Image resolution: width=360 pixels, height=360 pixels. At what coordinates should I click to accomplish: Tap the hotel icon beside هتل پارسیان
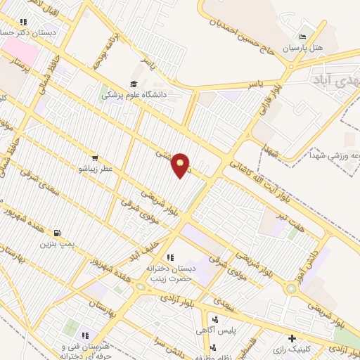pos(302,37)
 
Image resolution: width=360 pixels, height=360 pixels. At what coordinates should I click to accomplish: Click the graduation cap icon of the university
pos(134,82)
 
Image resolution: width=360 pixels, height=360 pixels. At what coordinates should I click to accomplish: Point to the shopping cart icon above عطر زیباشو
pos(94,158)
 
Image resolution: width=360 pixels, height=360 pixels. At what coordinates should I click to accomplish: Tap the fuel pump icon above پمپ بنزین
pos(56,233)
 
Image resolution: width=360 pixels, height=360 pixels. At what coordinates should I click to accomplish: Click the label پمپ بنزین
pos(56,245)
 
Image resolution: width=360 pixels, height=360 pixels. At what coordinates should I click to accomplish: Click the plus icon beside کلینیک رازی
pos(292,338)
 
